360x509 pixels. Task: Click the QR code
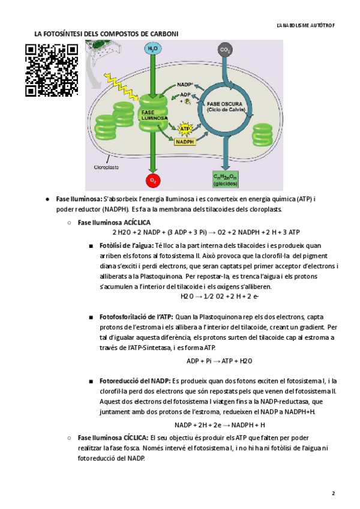[52, 71]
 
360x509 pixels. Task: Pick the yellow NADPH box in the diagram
[187, 142]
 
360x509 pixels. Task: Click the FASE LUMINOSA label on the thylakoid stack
[152, 115]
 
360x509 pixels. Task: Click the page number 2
[333, 493]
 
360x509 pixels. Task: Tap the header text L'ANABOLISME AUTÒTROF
[302, 26]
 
